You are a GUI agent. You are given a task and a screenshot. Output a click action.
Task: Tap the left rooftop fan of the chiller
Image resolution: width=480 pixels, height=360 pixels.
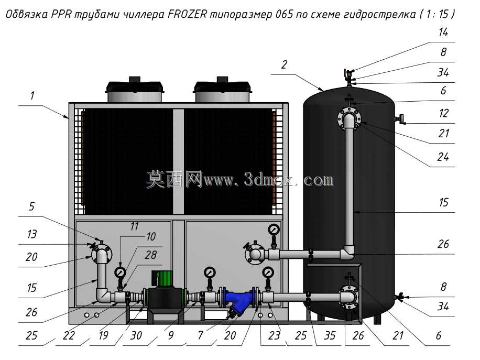134,90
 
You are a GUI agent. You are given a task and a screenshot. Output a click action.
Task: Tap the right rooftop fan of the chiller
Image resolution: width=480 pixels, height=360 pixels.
223,90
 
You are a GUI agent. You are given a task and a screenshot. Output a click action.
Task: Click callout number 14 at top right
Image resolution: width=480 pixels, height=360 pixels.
443,32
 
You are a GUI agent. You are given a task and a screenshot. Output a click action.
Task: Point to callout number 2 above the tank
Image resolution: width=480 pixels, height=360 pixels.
285,64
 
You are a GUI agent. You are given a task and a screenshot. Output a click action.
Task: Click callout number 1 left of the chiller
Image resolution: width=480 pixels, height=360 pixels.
32,95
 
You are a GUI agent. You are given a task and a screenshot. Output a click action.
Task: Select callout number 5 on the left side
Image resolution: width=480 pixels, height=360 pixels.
32,206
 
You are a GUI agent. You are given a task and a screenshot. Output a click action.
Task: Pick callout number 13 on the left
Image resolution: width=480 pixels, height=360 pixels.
32,234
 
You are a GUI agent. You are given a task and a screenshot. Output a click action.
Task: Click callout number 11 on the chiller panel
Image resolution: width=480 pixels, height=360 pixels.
134,226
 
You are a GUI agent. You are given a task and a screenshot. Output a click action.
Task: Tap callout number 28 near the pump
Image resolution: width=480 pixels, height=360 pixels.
150,255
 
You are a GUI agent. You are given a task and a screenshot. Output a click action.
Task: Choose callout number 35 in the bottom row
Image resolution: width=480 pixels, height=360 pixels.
330,335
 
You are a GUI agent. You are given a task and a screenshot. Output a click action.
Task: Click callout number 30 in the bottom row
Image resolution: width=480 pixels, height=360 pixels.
136,335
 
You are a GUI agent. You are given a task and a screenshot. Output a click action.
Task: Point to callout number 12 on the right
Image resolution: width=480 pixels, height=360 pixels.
443,113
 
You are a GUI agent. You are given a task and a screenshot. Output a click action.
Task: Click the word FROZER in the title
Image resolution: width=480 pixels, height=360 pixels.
187,14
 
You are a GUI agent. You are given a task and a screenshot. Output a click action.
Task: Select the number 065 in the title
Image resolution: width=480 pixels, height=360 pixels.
285,14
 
